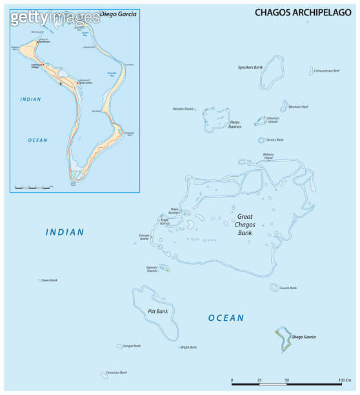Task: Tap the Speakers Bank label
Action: (250, 66)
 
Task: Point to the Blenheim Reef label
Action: (299, 106)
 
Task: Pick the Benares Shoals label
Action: (183, 108)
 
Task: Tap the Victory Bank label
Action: (275, 139)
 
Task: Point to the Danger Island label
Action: (159, 236)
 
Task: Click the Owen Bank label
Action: (50, 280)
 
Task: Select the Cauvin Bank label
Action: (288, 288)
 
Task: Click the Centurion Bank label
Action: (117, 372)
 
